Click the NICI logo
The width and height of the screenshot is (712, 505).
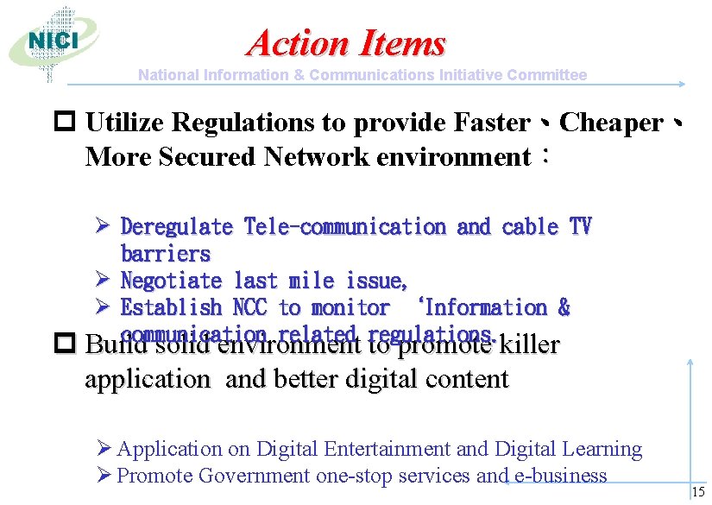pos(53,41)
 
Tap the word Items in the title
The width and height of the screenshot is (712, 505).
pos(401,42)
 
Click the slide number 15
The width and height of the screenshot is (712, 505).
pos(698,492)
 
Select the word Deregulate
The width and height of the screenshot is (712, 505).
pos(177,227)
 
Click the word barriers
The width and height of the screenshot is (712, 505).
pos(166,254)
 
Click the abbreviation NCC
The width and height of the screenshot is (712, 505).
pos(250,307)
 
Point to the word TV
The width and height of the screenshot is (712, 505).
pos(580,227)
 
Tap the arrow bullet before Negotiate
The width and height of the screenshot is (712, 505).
pos(100,281)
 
